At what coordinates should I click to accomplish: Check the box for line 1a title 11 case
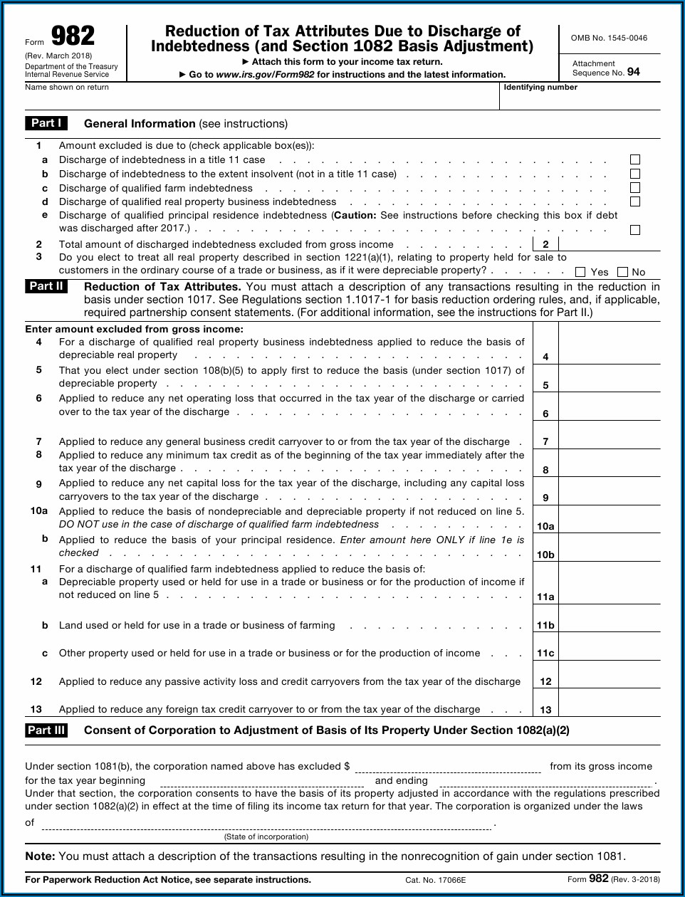tap(635, 159)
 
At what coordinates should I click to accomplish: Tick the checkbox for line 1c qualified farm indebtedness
tap(635, 188)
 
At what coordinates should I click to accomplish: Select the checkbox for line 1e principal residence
tap(635, 230)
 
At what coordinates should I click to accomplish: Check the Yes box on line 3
tap(580, 272)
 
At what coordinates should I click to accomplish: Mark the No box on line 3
tap(623, 272)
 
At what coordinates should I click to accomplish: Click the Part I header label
tap(46, 123)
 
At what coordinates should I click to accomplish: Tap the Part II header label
tap(46, 286)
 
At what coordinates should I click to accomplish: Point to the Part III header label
tap(46, 730)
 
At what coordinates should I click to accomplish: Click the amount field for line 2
tap(610, 244)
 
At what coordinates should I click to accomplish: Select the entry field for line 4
tap(610, 349)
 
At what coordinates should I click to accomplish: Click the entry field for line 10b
tap(610, 547)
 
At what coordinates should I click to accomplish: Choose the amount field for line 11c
tap(610, 646)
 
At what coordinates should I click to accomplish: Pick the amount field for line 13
tap(610, 702)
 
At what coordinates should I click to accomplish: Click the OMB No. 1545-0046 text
tap(609, 38)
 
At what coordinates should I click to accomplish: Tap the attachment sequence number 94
tap(633, 72)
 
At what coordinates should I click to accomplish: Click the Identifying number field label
tap(540, 88)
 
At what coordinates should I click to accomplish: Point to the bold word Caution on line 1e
tap(355, 215)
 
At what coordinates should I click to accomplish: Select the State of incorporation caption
tap(266, 836)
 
